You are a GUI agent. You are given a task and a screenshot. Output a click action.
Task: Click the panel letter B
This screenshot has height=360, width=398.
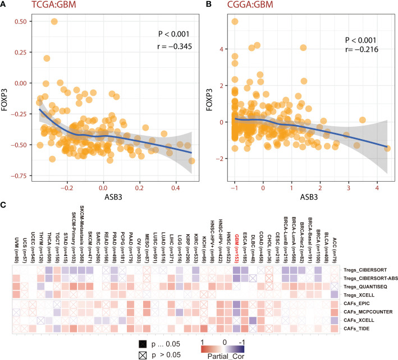click(204, 6)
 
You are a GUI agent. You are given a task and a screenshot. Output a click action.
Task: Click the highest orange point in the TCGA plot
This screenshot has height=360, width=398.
click(54, 21)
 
